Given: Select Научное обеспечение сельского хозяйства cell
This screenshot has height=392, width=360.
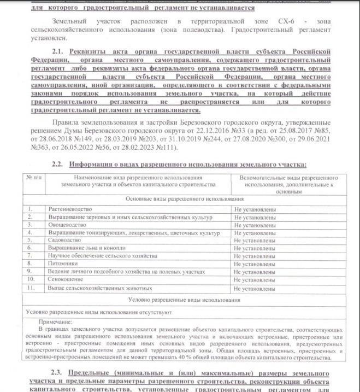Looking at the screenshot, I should coord(95,255).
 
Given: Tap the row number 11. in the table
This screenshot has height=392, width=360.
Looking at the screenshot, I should coord(31,288).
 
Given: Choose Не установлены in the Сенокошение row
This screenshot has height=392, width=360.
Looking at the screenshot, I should coord(254,279).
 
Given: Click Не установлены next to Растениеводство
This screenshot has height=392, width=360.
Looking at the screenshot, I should coord(254,209).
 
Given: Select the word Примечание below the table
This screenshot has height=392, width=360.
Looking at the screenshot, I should coord(56,322).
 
